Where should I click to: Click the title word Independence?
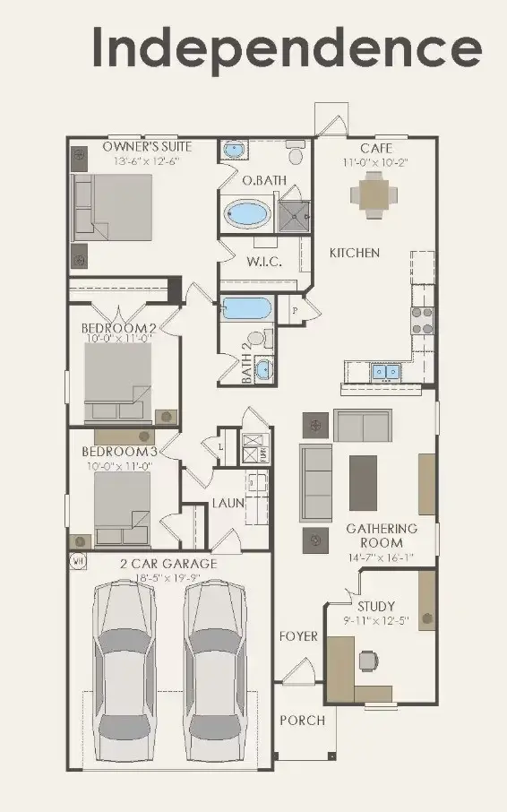tap(287, 48)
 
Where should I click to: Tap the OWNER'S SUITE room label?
tap(147, 147)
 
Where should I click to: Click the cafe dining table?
tap(371, 191)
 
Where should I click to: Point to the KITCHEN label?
tap(355, 254)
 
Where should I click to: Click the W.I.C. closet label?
tap(264, 263)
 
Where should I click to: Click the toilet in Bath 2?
tap(256, 340)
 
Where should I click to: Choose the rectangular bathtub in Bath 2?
tap(245, 309)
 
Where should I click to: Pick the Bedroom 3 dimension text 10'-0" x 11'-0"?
tap(119, 465)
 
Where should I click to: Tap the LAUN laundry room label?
tap(228, 504)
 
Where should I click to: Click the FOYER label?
tap(298, 636)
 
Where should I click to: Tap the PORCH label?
tap(302, 720)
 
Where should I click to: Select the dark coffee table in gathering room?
tap(363, 483)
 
